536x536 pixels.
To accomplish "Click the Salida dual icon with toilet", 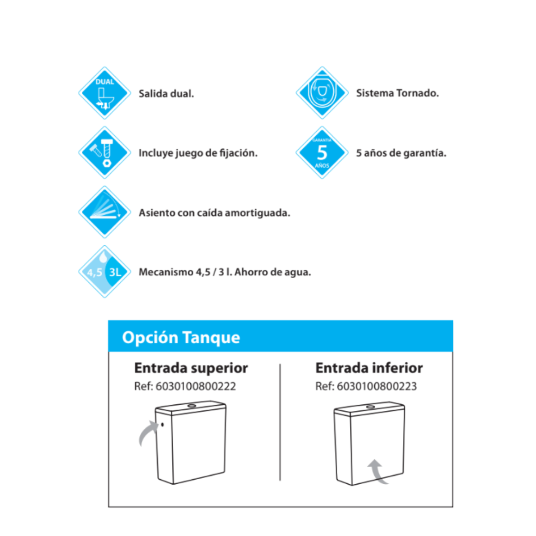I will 105,93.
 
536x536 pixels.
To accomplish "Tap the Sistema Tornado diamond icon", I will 322,93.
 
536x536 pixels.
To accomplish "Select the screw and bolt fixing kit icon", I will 105,153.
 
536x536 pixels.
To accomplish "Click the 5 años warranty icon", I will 322,153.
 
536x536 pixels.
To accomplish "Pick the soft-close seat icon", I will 105,212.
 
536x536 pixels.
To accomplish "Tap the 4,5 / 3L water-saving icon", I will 105,272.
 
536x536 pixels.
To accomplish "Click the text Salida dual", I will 166,94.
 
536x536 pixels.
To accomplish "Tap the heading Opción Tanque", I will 181,337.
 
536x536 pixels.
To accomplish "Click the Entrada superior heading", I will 191,368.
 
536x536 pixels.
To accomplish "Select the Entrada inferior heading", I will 369,368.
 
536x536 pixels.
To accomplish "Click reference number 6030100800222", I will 195,386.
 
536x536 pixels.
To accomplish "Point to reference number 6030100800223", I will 377,386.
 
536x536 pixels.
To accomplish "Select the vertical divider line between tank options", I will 280,422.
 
